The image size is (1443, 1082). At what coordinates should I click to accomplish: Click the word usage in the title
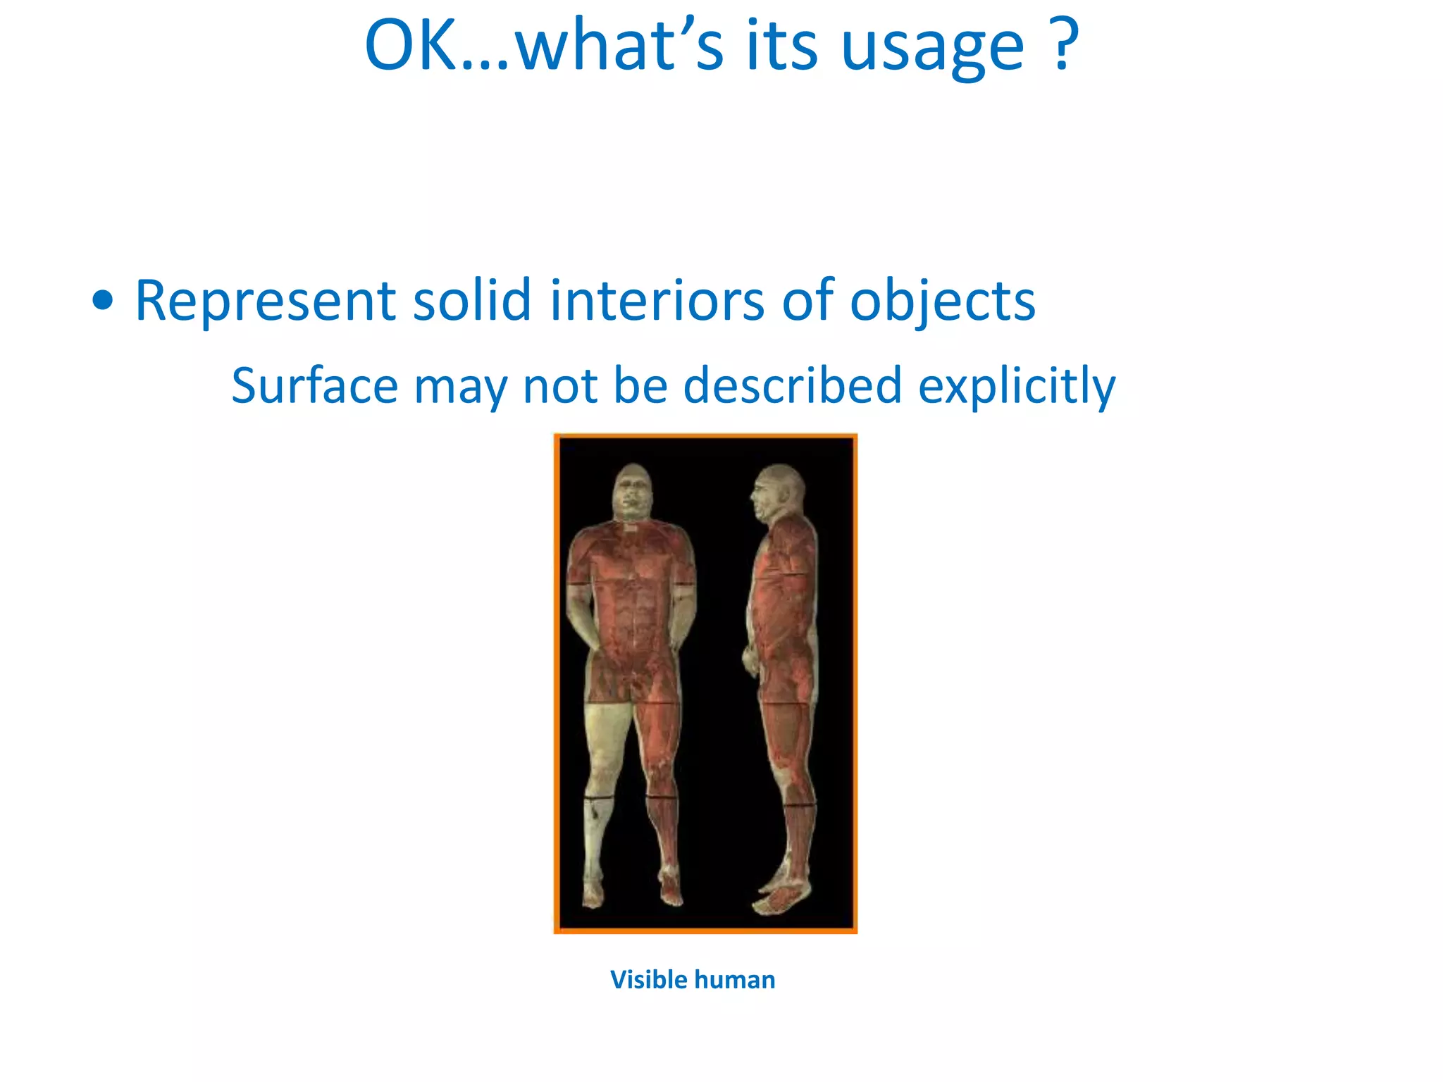(932, 48)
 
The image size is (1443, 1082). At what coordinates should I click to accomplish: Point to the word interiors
(657, 301)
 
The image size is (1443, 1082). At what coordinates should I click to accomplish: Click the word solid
(471, 301)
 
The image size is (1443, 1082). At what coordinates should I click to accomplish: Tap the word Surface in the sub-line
(314, 386)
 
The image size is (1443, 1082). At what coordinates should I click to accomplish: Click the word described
(793, 386)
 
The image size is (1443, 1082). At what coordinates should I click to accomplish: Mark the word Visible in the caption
(648, 980)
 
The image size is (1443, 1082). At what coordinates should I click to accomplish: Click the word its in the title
(781, 46)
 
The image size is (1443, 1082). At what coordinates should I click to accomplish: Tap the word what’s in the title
(618, 46)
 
